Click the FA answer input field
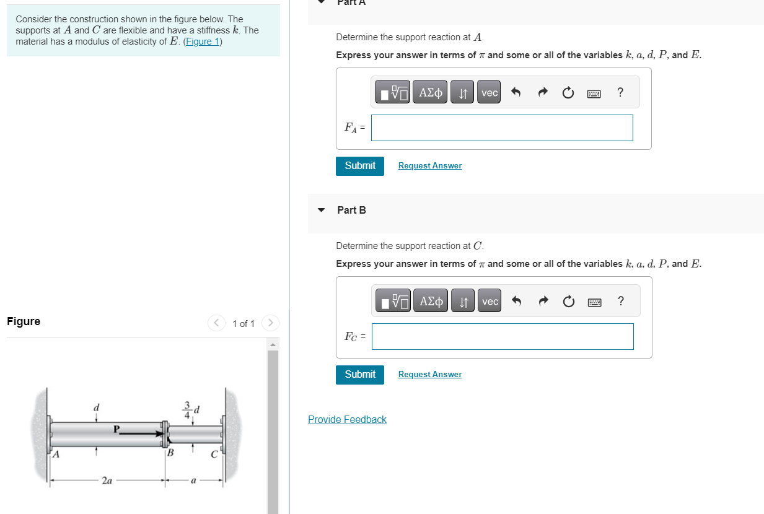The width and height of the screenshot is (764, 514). (502, 128)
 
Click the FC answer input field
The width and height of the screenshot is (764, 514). (502, 336)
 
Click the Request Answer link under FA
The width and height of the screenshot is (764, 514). (429, 166)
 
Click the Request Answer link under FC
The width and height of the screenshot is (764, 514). (429, 375)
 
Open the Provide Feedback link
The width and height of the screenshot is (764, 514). (347, 420)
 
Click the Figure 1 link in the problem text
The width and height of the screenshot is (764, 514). (203, 41)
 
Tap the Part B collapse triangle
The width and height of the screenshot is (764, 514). (321, 210)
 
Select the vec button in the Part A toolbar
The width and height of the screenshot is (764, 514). (489, 93)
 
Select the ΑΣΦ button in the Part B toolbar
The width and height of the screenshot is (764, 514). (431, 302)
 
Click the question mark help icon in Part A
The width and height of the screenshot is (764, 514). (620, 93)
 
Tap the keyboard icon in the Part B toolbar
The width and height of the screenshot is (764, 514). (594, 302)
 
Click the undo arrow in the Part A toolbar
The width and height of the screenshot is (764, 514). (515, 93)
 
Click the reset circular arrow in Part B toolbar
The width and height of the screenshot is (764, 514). (568, 302)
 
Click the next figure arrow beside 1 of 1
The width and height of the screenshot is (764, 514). (270, 323)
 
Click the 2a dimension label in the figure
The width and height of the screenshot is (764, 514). (107, 480)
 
